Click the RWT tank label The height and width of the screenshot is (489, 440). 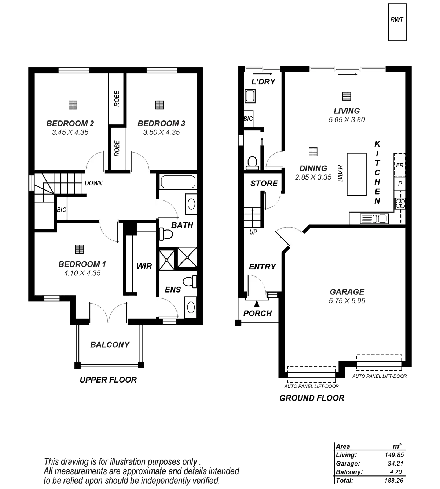(x=397, y=20)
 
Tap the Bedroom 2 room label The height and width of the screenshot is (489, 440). (x=72, y=123)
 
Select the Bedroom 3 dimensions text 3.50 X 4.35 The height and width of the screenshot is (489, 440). (x=159, y=132)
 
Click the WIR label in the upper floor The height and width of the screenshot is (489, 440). (x=144, y=266)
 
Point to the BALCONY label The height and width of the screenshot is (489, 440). (x=110, y=345)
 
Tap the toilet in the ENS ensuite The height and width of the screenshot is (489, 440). (x=189, y=282)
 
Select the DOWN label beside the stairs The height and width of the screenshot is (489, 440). (x=93, y=183)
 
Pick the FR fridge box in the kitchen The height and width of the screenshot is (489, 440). (x=400, y=165)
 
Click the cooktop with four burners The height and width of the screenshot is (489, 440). (x=400, y=203)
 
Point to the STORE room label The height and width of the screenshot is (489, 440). (x=264, y=183)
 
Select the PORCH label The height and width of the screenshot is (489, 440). (x=258, y=314)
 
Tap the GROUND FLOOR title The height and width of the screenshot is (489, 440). (x=312, y=398)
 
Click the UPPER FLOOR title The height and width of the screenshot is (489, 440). (x=108, y=380)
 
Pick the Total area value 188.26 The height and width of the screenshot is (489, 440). (x=394, y=480)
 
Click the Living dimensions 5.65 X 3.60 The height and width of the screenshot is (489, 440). (x=347, y=120)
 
